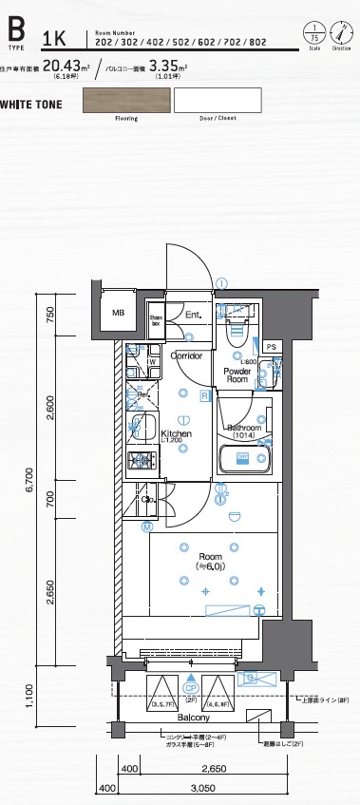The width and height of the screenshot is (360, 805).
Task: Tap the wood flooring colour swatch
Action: (125, 100)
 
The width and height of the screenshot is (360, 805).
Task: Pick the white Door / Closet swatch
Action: (218, 100)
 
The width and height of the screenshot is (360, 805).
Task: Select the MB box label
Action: (118, 313)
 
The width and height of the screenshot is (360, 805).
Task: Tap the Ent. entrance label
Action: (193, 315)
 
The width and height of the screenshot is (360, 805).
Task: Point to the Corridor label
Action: (185, 355)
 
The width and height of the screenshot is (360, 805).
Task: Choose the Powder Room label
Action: (237, 374)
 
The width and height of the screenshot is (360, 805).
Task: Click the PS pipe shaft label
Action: (272, 348)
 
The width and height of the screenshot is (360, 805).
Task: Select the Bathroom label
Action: (246, 428)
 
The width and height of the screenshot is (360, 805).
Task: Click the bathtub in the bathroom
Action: (246, 460)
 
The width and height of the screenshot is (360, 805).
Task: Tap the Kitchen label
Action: (176, 433)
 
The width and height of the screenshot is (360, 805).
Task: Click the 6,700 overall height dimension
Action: (30, 490)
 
